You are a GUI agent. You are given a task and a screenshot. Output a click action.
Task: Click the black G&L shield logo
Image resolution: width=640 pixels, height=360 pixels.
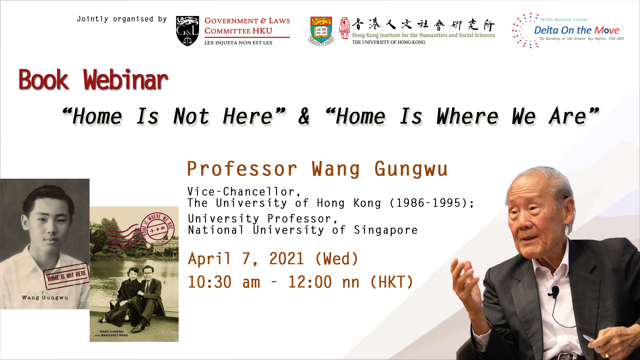coord(187,31)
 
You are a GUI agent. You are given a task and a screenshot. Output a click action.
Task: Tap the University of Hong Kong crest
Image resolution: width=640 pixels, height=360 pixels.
coord(321,31)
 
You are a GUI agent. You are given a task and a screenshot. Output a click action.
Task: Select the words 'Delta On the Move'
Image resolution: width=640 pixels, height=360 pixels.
coord(576,30)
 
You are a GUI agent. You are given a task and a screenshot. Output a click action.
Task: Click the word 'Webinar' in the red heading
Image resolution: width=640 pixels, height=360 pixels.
coord(126,80)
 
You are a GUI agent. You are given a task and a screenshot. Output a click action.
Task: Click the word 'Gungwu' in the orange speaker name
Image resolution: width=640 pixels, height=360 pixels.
coord(411,169)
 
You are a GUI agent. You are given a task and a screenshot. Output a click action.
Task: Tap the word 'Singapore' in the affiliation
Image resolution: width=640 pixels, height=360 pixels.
coord(386,230)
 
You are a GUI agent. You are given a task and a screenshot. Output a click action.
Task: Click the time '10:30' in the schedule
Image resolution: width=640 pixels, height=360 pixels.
coord(210,282)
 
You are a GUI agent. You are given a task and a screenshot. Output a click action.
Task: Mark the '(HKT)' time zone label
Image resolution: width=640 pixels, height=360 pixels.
coord(392,282)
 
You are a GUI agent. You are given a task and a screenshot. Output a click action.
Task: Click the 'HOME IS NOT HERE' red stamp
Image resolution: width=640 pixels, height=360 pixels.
coord(66,276)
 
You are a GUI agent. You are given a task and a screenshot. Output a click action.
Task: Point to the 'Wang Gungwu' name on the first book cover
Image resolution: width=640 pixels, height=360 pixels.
coord(45,298)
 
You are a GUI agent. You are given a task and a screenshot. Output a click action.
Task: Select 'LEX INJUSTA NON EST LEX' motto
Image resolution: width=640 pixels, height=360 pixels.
coord(238,43)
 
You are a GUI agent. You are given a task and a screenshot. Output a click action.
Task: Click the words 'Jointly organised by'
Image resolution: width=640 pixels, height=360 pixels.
coord(122,19)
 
